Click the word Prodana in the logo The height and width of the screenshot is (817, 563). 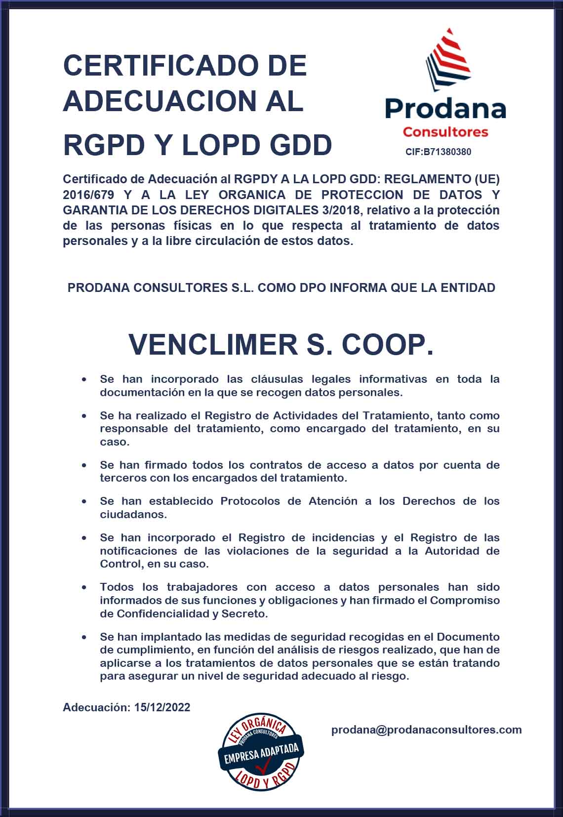[445, 109]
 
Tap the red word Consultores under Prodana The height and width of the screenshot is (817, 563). [445, 132]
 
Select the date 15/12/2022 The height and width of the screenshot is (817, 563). [162, 707]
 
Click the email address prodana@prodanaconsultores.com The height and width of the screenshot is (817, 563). [426, 730]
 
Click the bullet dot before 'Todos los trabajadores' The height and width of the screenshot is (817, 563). [84, 587]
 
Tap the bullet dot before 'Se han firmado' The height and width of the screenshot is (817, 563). [84, 465]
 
